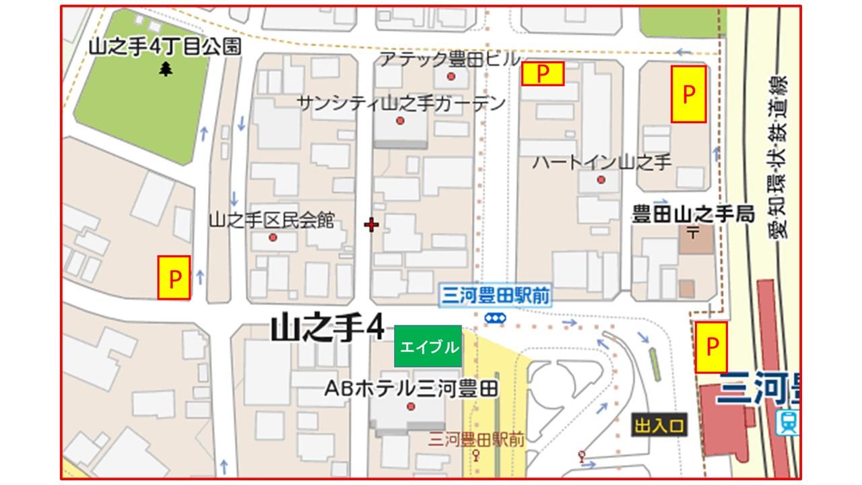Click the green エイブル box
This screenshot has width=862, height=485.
tap(428, 346)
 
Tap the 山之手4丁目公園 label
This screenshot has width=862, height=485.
tap(165, 46)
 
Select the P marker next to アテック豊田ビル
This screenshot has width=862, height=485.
tap(542, 73)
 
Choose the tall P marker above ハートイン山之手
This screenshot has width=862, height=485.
tap(688, 94)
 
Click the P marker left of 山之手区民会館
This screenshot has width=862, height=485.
tap(174, 277)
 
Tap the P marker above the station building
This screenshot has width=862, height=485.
tap(711, 347)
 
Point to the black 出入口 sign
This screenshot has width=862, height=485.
tap(659, 426)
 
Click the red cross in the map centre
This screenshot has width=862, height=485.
tap(371, 224)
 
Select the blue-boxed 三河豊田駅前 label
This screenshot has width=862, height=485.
tap(494, 296)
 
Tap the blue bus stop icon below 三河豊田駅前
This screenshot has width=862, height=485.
tap(496, 317)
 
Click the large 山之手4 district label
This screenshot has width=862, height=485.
tap(327, 330)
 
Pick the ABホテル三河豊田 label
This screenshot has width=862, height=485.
tap(411, 389)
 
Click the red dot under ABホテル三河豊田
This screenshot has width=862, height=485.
tap(411, 406)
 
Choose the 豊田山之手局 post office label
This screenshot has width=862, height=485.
tap(693, 214)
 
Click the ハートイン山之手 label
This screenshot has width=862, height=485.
tap(602, 162)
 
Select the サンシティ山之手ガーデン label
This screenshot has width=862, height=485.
tap(401, 103)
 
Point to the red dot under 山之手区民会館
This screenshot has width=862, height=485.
tap(273, 237)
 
